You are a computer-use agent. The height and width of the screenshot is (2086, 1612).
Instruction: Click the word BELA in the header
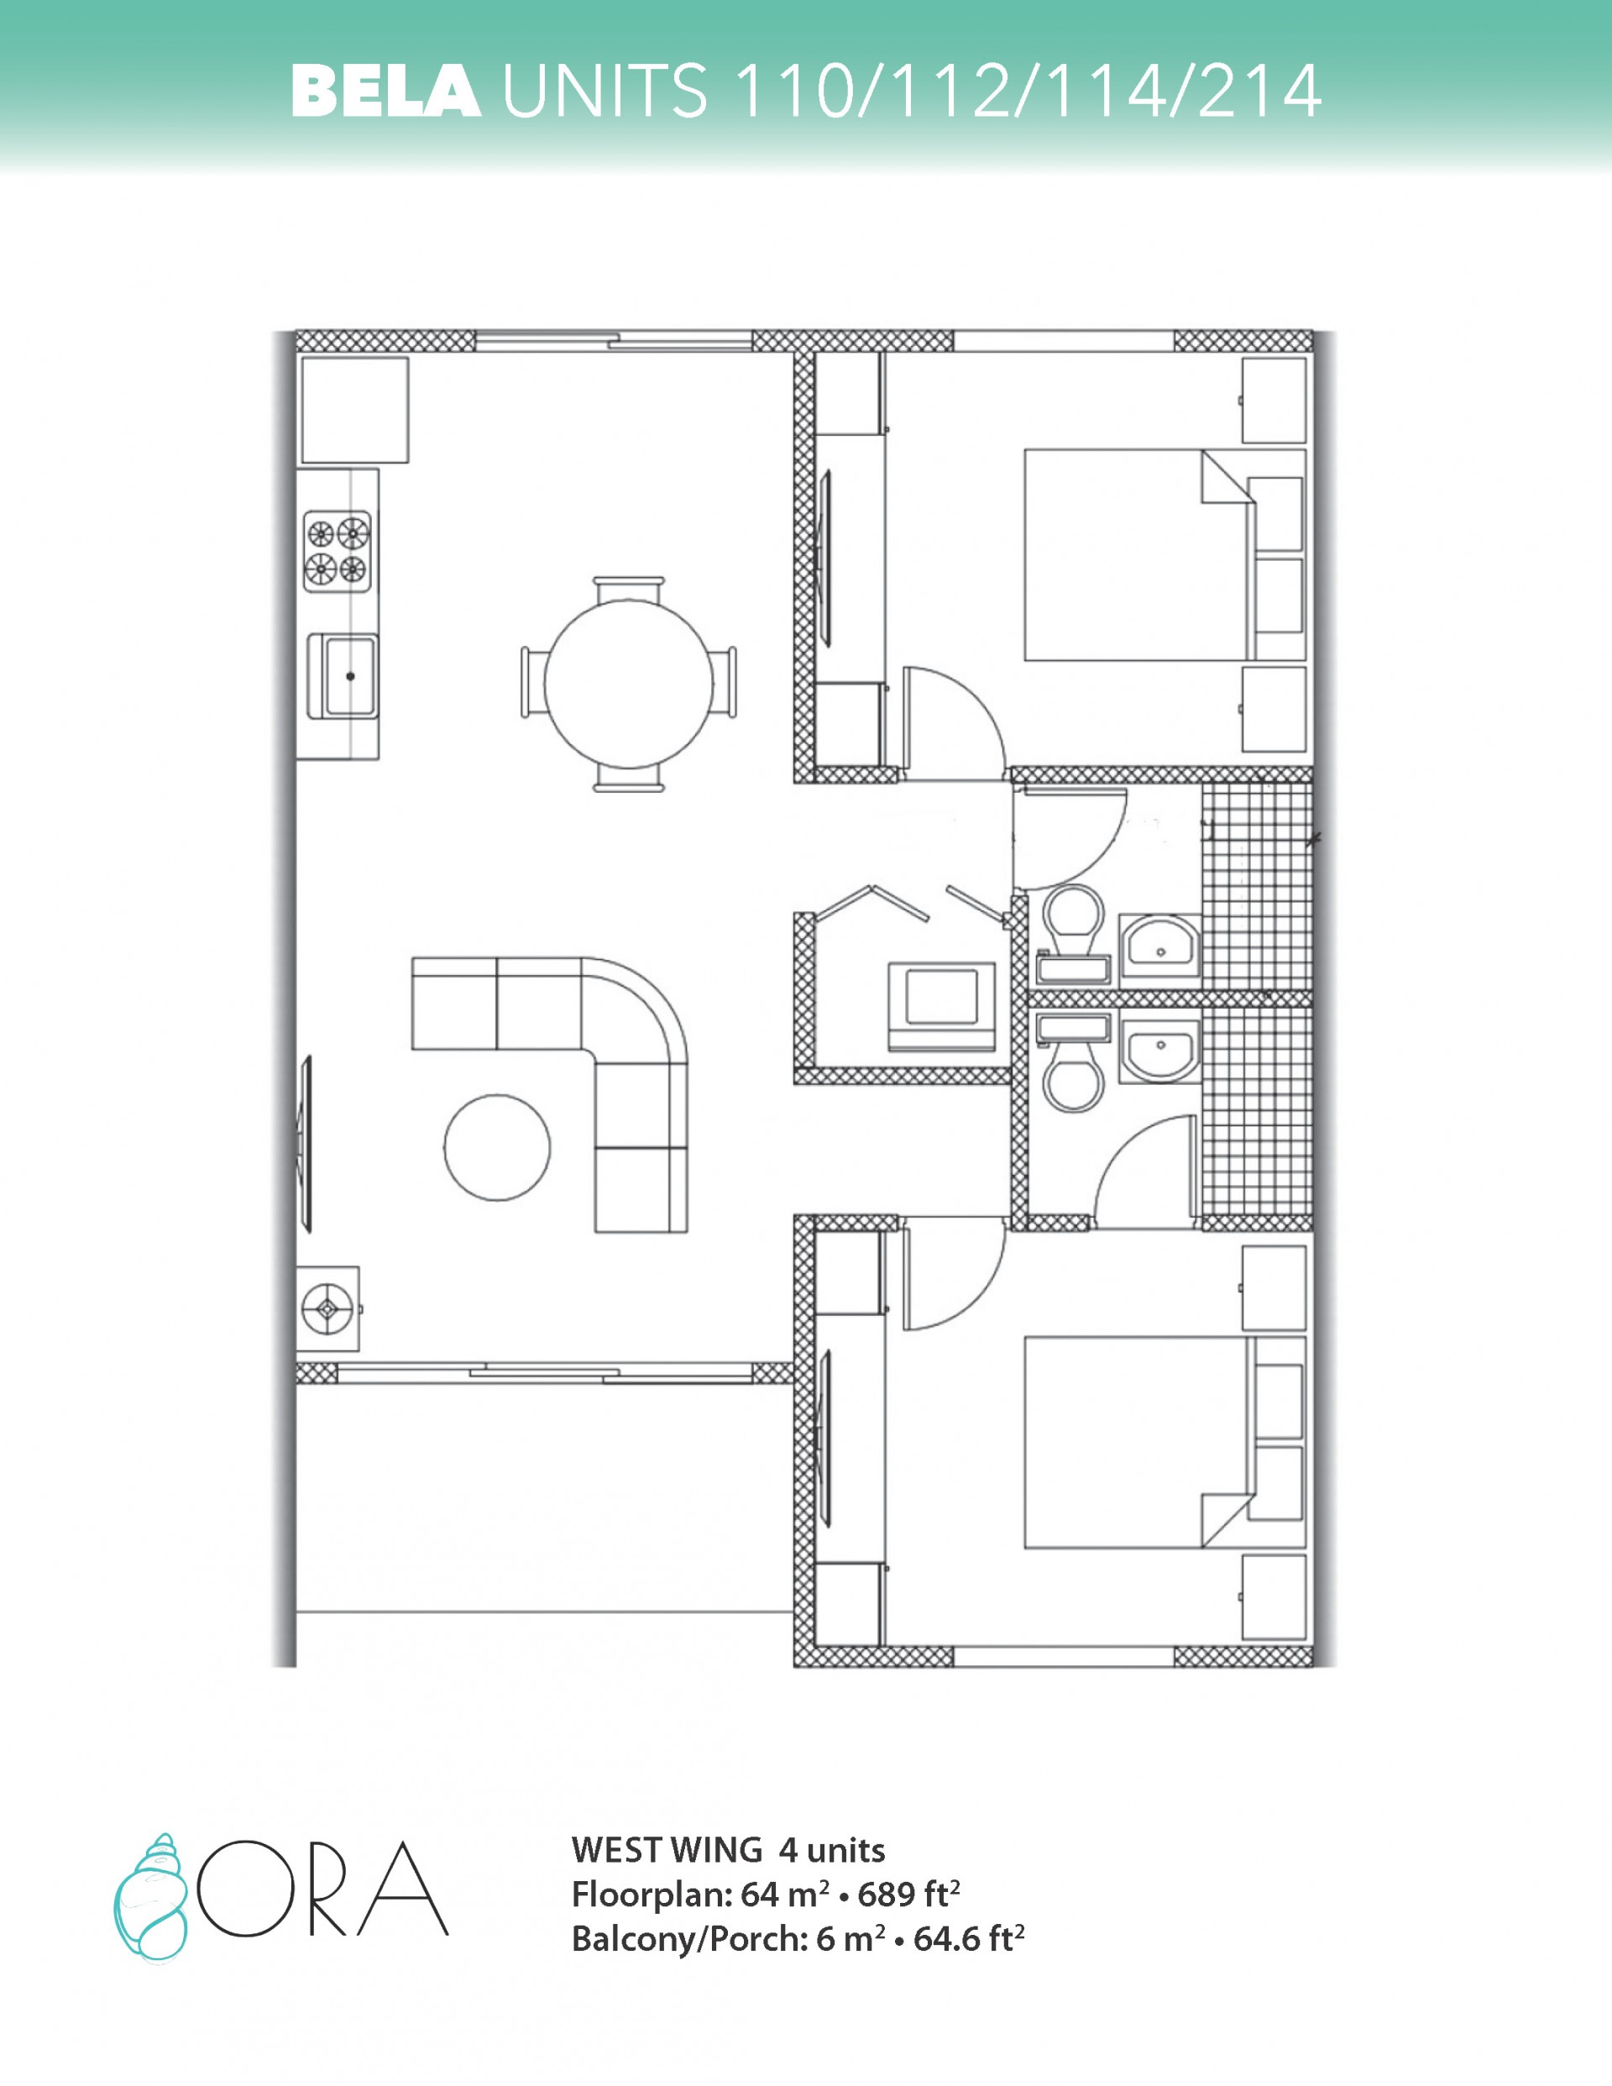coord(386,91)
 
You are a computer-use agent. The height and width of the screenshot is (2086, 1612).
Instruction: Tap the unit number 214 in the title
coord(1259,91)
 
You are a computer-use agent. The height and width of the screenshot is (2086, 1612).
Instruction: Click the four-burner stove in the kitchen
coord(338,551)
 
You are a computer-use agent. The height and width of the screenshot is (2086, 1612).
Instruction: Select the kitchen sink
coord(343,675)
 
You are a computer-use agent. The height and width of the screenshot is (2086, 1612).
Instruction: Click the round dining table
coord(628,684)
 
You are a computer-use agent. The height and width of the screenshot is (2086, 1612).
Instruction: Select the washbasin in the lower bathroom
coord(1160,1051)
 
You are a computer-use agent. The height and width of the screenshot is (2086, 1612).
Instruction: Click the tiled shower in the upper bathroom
coord(1257,885)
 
